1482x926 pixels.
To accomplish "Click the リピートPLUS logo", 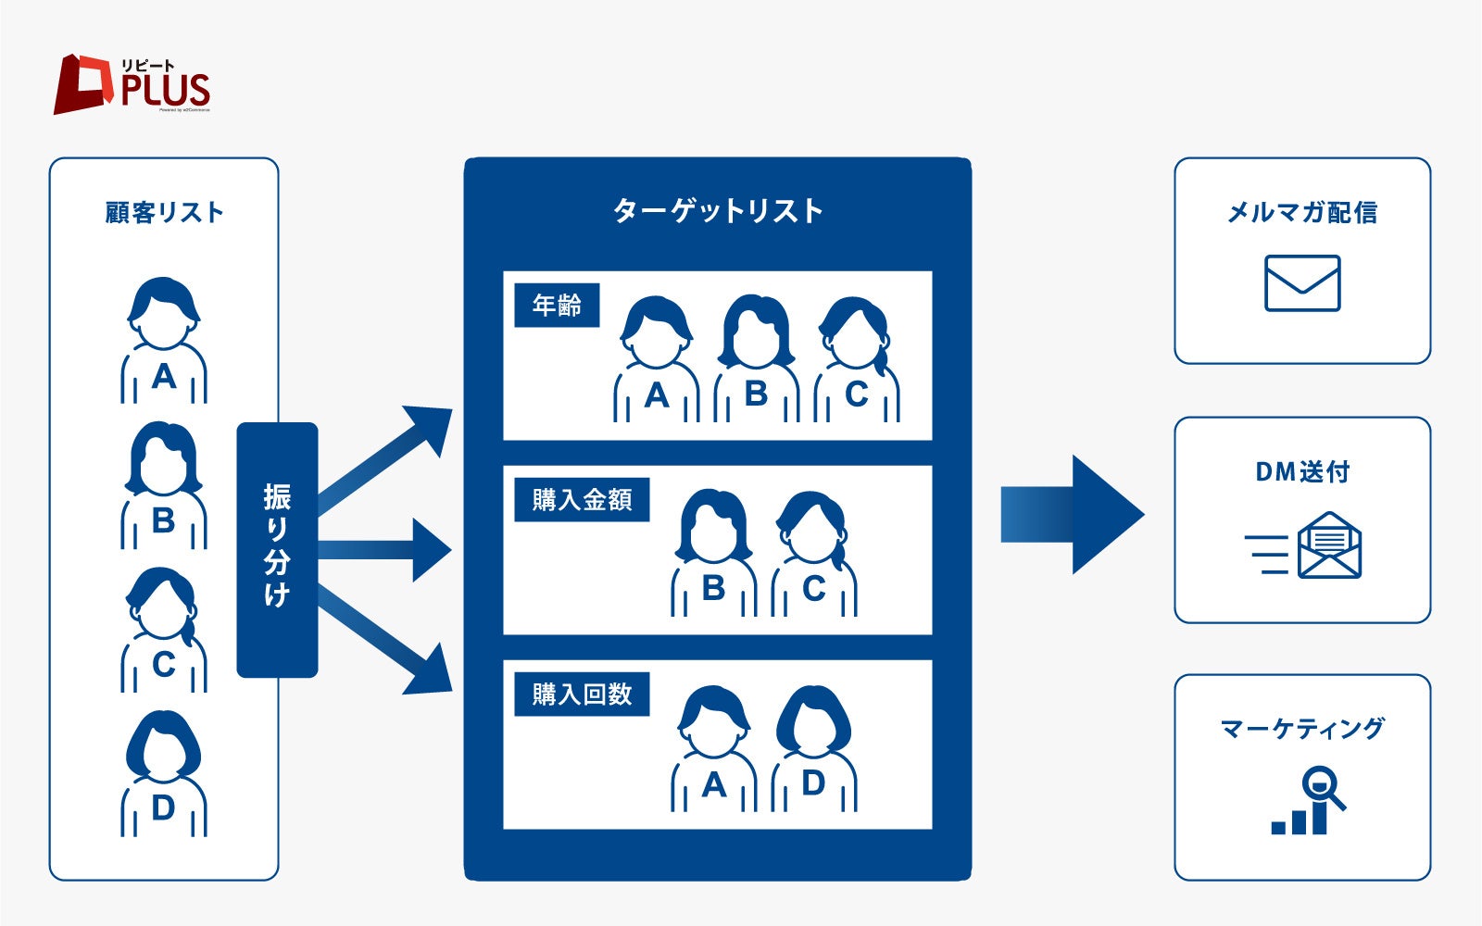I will point(132,84).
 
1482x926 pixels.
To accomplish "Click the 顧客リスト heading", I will point(164,213).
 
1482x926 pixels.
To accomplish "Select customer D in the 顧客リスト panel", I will point(164,774).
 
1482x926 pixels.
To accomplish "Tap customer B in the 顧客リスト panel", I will point(164,486).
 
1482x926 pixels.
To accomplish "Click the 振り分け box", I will point(277,549).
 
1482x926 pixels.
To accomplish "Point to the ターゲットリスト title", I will point(718,211).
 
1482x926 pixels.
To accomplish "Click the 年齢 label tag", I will point(557,306).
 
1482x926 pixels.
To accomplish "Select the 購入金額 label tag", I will point(582,500).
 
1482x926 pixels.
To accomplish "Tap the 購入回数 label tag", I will point(582,694).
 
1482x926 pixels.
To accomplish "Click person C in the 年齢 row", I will point(857,360).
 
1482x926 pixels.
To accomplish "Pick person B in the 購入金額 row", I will point(713,554).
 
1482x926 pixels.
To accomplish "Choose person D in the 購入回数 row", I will point(813,749).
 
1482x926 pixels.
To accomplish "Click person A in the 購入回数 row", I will point(713,749).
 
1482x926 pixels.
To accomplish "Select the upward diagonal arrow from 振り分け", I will point(389,459).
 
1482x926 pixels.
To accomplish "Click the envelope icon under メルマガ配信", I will point(1302,283).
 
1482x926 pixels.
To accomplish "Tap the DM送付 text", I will point(1302,472).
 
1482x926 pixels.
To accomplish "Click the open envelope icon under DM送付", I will point(1328,546).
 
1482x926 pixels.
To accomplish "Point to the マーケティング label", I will point(1302,729).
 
